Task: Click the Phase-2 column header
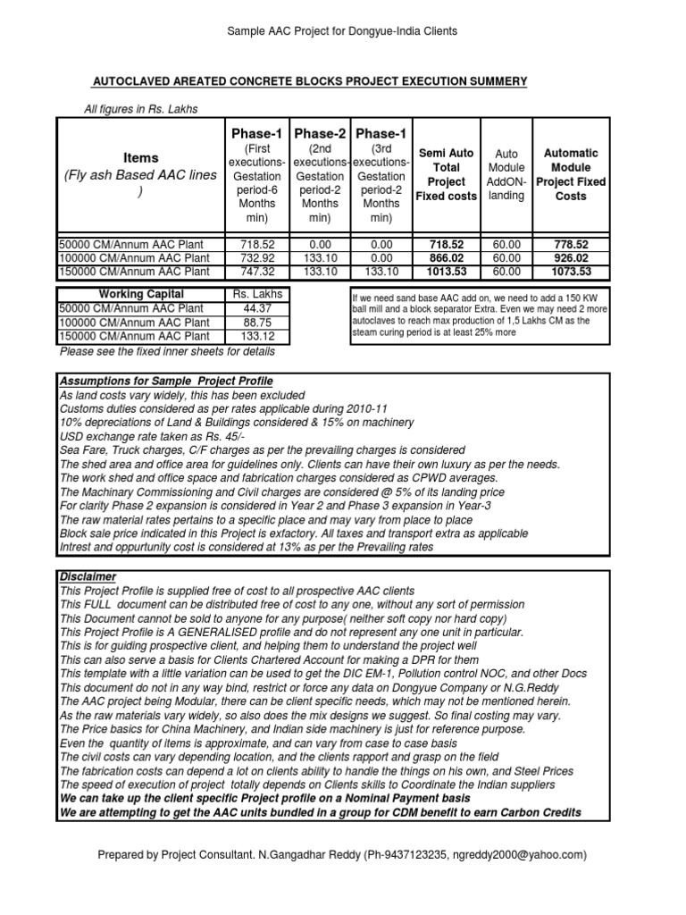[x=320, y=133]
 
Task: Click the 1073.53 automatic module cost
[x=571, y=271]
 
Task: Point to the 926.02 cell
[x=571, y=257]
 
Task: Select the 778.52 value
[x=571, y=244]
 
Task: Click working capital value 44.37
[x=255, y=308]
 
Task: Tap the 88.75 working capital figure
[x=255, y=323]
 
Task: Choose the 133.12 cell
[x=255, y=336]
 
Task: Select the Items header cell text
[x=141, y=158]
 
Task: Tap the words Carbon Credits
[x=540, y=811]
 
